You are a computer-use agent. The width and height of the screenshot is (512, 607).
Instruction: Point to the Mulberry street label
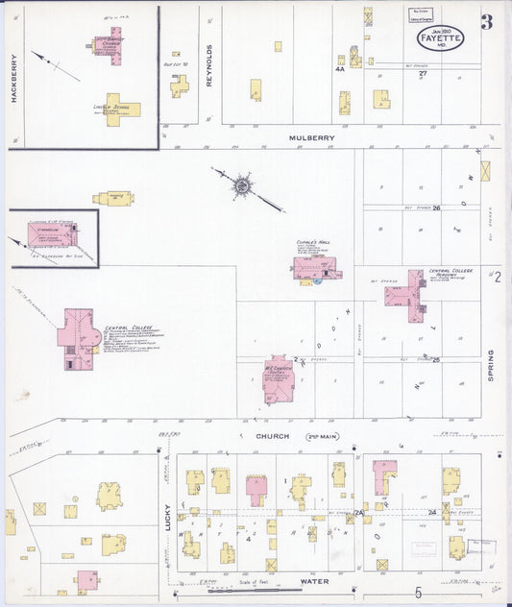point(313,138)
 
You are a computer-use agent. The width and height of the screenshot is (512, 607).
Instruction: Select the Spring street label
point(490,366)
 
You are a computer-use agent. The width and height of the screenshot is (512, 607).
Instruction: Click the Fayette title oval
point(440,38)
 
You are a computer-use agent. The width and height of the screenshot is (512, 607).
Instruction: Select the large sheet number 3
point(486,22)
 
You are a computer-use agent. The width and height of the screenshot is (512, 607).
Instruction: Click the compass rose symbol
point(243,185)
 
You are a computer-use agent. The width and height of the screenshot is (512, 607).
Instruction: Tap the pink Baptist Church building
point(112,44)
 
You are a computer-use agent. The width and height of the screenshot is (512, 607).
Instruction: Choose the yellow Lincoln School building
point(123,108)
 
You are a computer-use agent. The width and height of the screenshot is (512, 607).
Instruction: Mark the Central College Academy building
point(407,293)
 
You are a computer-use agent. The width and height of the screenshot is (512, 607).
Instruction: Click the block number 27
point(423,74)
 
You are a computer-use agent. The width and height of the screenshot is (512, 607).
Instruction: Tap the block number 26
point(436,207)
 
